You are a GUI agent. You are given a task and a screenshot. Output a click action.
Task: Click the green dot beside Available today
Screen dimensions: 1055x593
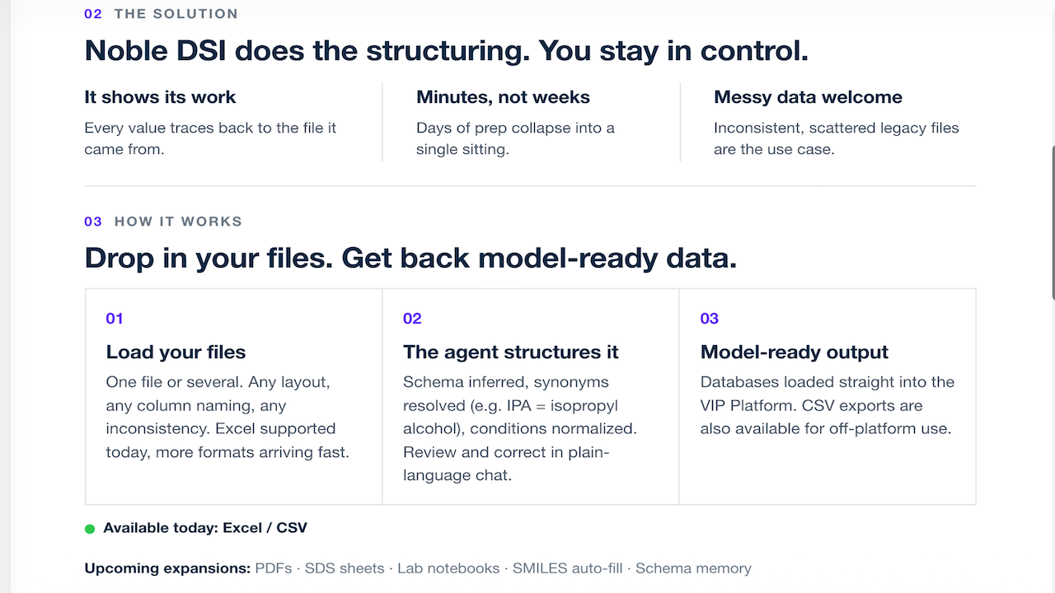click(x=90, y=529)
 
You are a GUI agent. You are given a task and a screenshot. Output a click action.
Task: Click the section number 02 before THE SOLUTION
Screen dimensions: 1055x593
click(x=93, y=14)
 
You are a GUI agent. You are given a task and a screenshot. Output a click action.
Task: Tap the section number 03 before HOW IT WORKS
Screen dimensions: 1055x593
click(x=93, y=222)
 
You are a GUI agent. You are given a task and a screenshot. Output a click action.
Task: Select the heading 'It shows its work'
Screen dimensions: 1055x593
click(x=160, y=97)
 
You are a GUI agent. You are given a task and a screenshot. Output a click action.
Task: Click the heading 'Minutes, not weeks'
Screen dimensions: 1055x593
click(x=503, y=97)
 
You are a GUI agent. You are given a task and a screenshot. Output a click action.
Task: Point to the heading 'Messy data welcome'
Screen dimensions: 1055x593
click(x=809, y=97)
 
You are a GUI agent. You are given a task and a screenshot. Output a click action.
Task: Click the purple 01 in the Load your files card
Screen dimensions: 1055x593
click(x=115, y=319)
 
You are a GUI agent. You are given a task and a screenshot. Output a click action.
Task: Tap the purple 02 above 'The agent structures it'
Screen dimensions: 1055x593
click(x=412, y=319)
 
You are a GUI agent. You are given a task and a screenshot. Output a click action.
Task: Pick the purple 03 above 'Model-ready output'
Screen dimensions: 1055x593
click(x=710, y=319)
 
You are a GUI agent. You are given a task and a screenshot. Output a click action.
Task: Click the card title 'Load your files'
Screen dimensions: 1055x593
click(x=176, y=352)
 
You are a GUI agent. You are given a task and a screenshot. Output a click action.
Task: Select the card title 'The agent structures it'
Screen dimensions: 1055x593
click(x=510, y=352)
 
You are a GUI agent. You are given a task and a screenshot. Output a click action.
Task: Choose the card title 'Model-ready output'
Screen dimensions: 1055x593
click(x=794, y=352)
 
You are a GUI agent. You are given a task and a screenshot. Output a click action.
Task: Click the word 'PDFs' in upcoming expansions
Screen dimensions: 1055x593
click(x=274, y=568)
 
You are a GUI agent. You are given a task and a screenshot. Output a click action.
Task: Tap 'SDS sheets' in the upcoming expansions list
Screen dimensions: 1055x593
click(x=345, y=568)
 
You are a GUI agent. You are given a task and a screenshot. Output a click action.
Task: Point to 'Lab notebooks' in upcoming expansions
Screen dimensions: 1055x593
click(x=448, y=568)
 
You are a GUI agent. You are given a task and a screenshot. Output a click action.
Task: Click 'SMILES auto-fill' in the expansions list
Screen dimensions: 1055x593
click(x=568, y=568)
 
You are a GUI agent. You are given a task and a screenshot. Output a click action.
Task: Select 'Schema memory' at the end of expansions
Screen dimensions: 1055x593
click(x=693, y=568)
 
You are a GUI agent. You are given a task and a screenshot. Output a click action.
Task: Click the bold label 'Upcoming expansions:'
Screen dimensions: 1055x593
click(x=167, y=568)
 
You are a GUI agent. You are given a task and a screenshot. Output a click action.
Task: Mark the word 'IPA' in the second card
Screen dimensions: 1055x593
click(x=519, y=406)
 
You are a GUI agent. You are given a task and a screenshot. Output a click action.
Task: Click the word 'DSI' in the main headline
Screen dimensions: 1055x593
click(x=201, y=50)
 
